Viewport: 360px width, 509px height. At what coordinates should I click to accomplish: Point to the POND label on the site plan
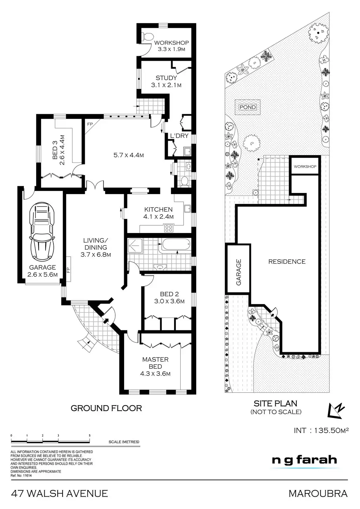tap(248, 107)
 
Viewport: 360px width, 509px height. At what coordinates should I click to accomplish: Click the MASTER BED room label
tap(155, 363)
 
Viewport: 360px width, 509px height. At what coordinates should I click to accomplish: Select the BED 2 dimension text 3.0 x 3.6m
tap(167, 301)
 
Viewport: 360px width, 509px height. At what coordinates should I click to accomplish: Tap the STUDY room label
tap(166, 78)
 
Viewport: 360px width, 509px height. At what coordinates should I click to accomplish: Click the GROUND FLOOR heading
tap(106, 408)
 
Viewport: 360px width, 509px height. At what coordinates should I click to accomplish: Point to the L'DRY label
tap(179, 136)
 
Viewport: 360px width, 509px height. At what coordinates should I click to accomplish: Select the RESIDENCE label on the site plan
tap(287, 262)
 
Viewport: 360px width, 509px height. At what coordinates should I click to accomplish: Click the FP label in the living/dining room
tap(69, 270)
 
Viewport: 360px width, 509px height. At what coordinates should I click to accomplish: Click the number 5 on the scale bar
tap(90, 436)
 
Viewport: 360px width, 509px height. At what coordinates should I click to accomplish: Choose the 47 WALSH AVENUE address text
tap(60, 493)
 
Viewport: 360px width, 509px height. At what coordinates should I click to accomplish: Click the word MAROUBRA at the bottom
tap(318, 493)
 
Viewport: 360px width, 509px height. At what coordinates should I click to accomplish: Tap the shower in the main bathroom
tap(135, 245)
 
